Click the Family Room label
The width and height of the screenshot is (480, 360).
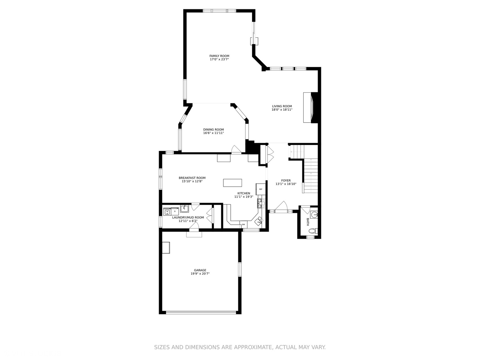219,56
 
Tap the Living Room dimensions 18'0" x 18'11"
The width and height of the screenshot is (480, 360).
282,110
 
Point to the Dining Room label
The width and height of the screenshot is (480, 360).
214,130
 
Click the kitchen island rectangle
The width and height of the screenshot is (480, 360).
233,183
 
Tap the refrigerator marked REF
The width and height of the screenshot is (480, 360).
261,189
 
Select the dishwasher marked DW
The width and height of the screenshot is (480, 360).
243,225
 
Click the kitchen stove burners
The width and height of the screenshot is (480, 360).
261,203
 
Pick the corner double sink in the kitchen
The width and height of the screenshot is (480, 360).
259,220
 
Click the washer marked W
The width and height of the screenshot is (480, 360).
167,212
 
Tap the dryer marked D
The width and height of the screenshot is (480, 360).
175,211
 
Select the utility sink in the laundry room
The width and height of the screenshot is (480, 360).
184,209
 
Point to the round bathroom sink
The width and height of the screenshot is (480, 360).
314,214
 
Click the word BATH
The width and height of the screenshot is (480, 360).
308,222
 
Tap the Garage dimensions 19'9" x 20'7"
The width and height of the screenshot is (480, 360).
200,274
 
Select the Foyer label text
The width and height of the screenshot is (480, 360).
286,181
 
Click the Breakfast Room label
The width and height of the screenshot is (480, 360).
192,178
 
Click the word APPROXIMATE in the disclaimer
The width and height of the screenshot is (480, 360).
252,347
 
